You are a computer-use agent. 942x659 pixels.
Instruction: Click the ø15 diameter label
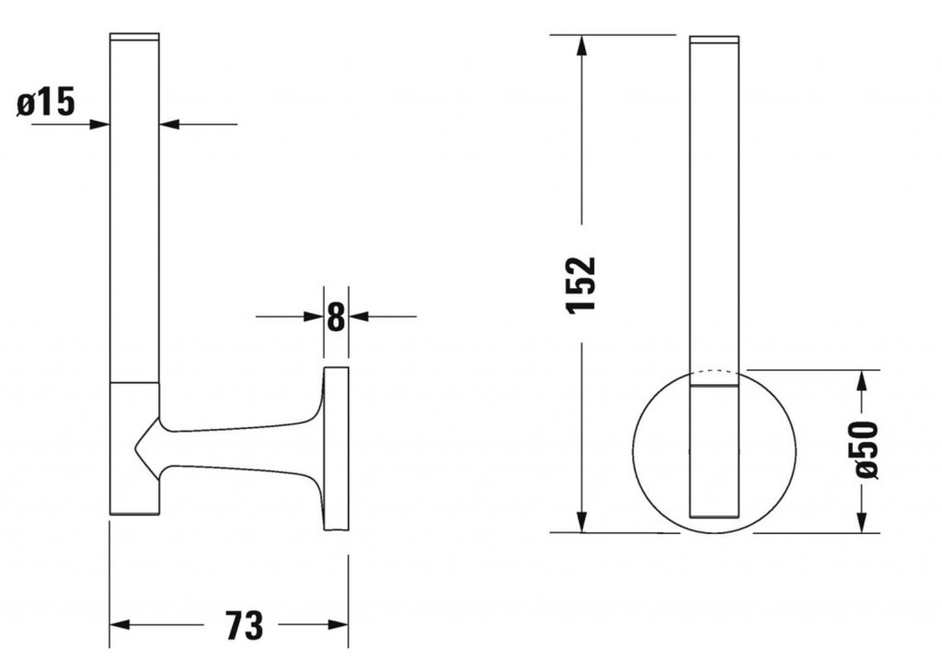click(x=46, y=101)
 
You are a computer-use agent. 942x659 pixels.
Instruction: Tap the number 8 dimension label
click(x=337, y=317)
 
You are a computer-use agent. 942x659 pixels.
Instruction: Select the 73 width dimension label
click(x=244, y=625)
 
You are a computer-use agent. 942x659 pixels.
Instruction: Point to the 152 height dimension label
click(x=581, y=284)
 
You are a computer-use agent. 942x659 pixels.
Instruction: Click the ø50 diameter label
click(x=867, y=450)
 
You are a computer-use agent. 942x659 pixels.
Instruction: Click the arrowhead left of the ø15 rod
click(x=99, y=124)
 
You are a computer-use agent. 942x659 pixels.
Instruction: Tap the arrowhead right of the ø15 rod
click(x=170, y=124)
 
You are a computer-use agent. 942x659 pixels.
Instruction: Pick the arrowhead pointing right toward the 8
click(x=314, y=317)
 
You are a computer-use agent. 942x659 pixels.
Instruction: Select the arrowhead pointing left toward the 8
click(x=359, y=317)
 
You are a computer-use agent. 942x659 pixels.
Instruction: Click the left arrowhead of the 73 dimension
click(x=121, y=625)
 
